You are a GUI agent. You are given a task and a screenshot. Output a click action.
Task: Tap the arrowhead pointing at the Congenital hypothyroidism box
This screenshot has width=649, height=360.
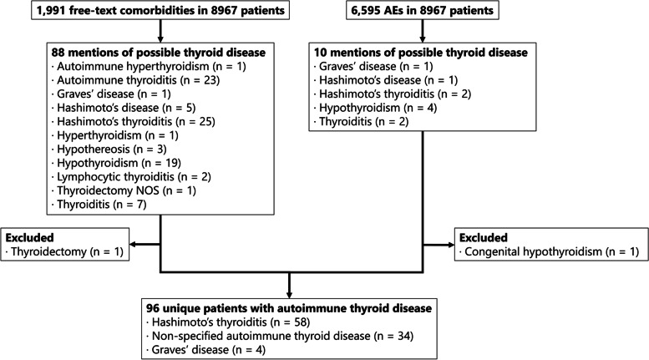(449, 245)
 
